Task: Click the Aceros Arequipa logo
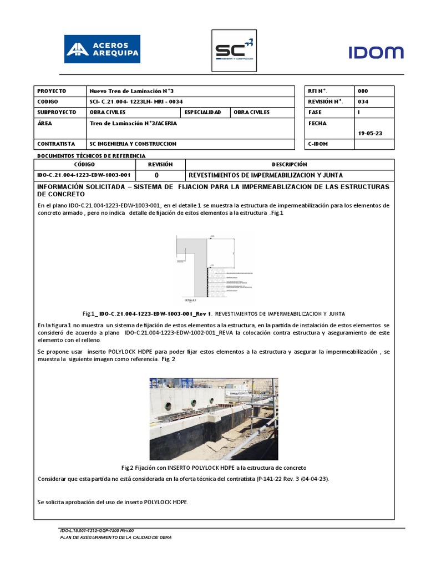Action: pyautogui.click(x=102, y=49)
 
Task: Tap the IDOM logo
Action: pyautogui.click(x=376, y=53)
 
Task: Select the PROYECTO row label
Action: pyautogui.click(x=52, y=91)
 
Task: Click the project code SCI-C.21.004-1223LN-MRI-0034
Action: pyautogui.click(x=136, y=102)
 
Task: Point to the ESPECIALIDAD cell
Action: pyautogui.click(x=203, y=112)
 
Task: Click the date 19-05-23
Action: pyautogui.click(x=371, y=133)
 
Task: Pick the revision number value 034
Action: pyautogui.click(x=363, y=102)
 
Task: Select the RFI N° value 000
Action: pyautogui.click(x=363, y=91)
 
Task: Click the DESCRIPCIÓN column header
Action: pyautogui.click(x=289, y=165)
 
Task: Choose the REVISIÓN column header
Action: pyautogui.click(x=160, y=165)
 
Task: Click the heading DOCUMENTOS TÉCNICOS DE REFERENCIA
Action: pyautogui.click(x=91, y=156)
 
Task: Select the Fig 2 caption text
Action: pyautogui.click(x=214, y=468)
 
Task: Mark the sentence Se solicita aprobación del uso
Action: pyautogui.click(x=113, y=502)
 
